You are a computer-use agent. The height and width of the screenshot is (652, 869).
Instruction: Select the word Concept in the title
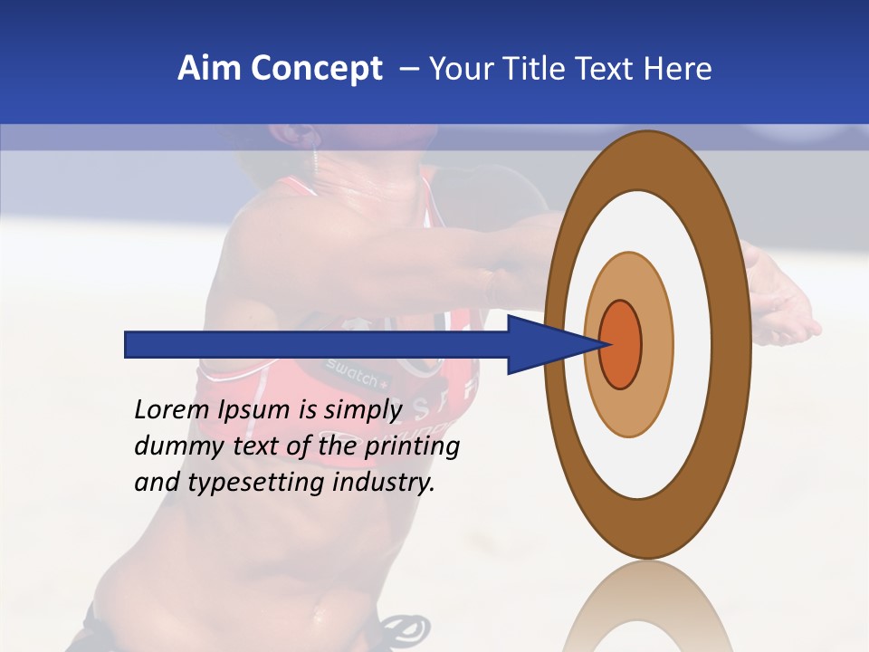[x=317, y=69]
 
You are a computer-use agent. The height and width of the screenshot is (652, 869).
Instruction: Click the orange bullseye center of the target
[x=620, y=344]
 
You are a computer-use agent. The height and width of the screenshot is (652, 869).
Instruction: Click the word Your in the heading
[x=462, y=69]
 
